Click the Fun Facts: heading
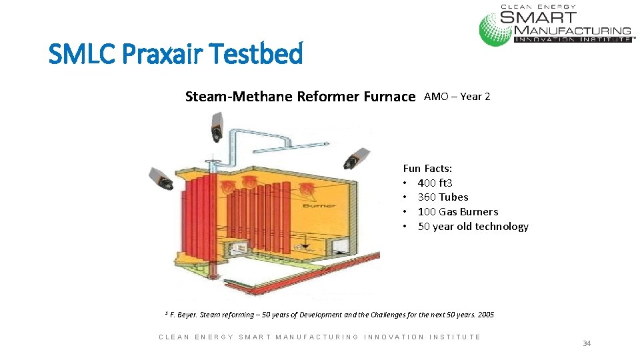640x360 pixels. [427, 169]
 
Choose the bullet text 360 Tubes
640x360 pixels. [443, 197]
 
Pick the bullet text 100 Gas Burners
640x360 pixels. [457, 212]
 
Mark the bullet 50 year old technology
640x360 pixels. [473, 227]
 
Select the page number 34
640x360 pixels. [587, 343]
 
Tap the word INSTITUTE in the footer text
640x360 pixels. [455, 337]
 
